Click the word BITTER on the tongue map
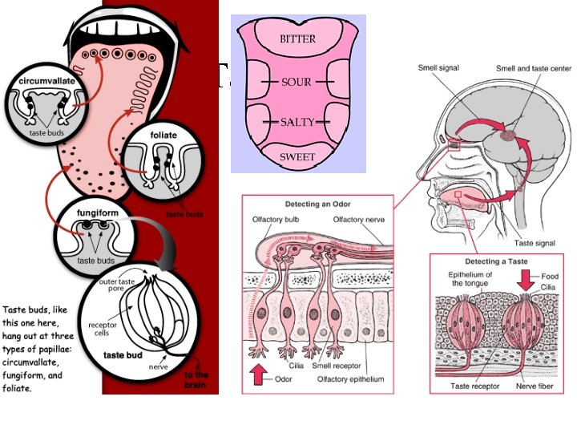click(x=297, y=39)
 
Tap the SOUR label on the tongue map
click(x=297, y=82)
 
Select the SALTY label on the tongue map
click(x=297, y=122)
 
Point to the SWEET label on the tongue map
click(x=297, y=157)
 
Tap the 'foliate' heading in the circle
click(x=164, y=136)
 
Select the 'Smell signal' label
click(x=439, y=68)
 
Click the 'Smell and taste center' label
click(x=534, y=68)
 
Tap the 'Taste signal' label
click(x=534, y=242)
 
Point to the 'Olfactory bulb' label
click(x=279, y=219)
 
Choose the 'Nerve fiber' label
click(x=534, y=386)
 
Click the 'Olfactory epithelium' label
click(x=355, y=378)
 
